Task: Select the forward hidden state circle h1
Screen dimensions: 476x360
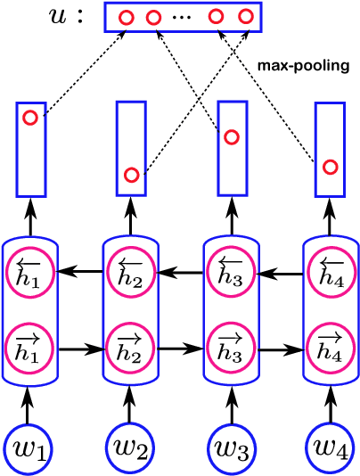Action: [30, 347]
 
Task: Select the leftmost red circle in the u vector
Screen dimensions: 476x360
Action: [127, 17]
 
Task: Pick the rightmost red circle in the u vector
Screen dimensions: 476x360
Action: [245, 17]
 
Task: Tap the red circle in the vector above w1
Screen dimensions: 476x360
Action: [29, 119]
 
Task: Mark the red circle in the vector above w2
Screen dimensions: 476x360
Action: [131, 175]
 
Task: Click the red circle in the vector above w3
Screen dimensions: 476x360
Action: [232, 137]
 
